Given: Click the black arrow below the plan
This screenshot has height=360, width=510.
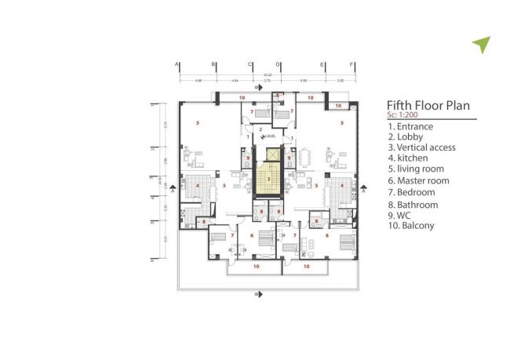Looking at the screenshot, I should pos(260,296).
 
